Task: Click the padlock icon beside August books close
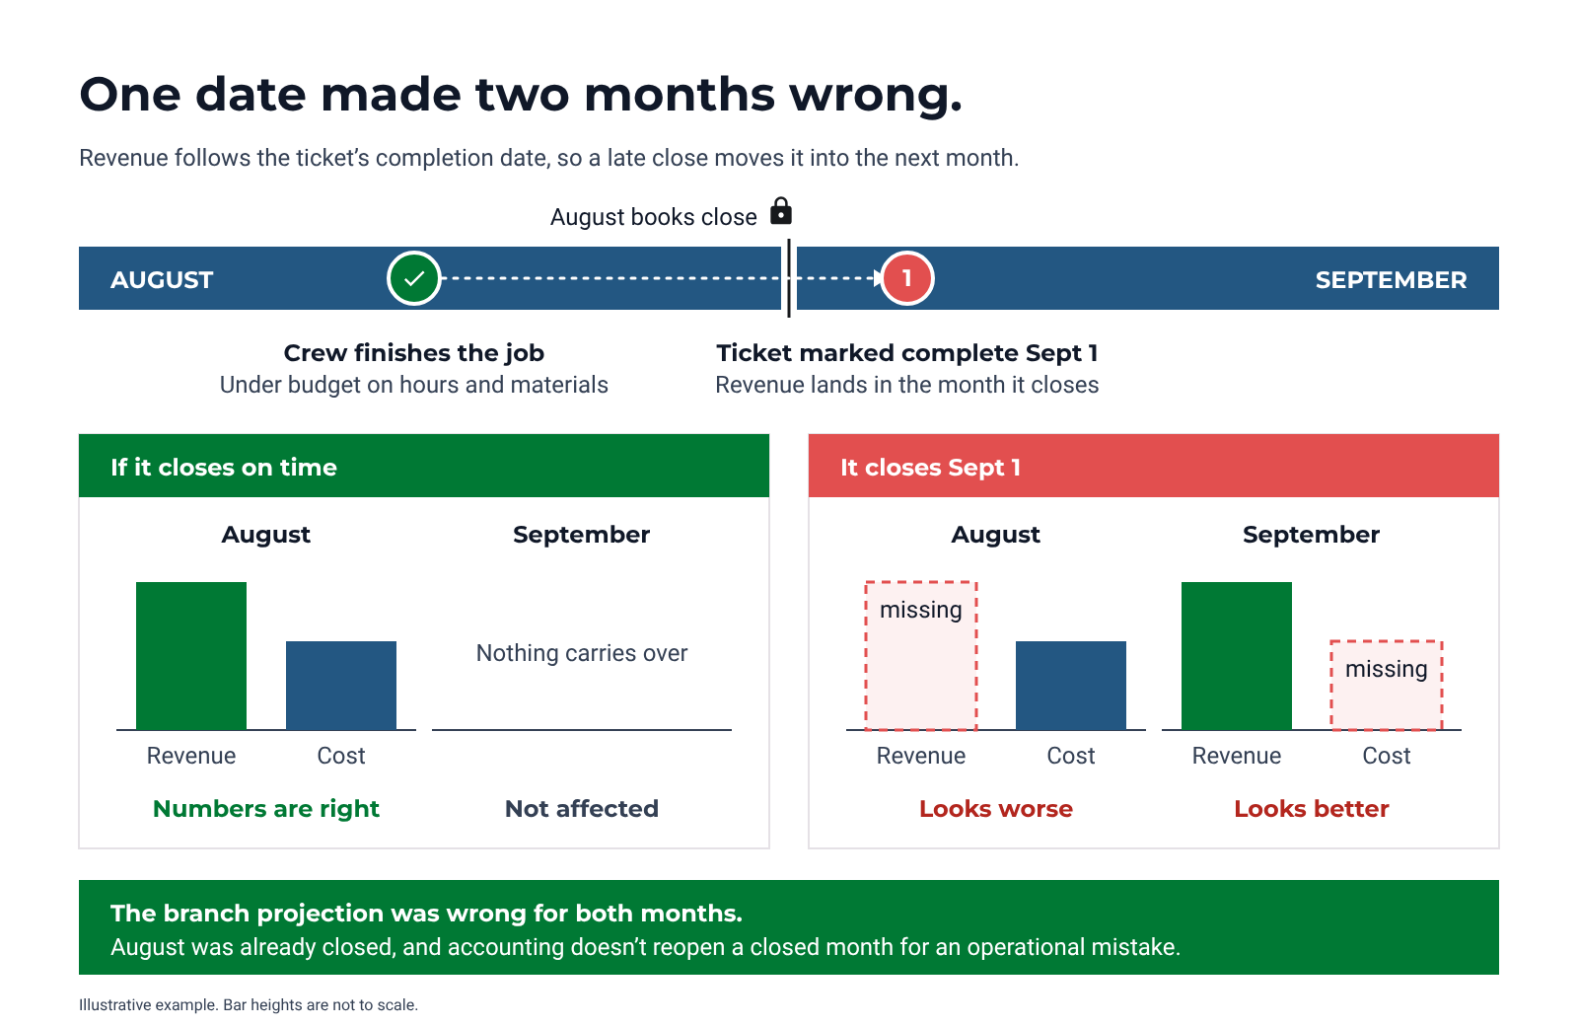(x=780, y=211)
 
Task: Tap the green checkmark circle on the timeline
(x=413, y=278)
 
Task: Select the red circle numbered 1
(x=907, y=278)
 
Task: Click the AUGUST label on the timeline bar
(x=162, y=280)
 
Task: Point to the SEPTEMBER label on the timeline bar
(x=1391, y=280)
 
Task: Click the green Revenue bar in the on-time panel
(x=191, y=656)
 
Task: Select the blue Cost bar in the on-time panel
(x=341, y=686)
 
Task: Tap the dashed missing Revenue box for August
(x=921, y=656)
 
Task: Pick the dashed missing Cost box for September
(x=1387, y=686)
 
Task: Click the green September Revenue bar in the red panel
(x=1237, y=656)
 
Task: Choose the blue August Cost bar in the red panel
(x=1071, y=686)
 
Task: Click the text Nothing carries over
(x=582, y=653)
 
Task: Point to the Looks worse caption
(x=996, y=808)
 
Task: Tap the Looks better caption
(x=1312, y=808)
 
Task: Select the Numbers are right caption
(x=266, y=809)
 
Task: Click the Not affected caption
(x=582, y=808)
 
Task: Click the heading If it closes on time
(x=224, y=468)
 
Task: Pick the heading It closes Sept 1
(x=931, y=468)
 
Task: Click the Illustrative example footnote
(x=249, y=1005)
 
